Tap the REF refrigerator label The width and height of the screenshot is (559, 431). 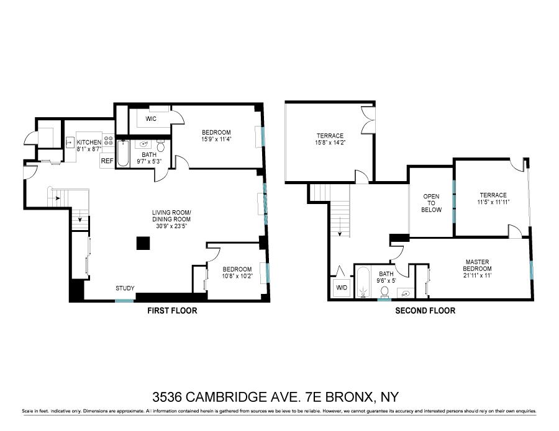(x=107, y=161)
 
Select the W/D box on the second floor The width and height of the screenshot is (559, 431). (x=342, y=288)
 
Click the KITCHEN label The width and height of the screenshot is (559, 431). (x=89, y=143)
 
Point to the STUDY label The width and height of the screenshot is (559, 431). (x=125, y=288)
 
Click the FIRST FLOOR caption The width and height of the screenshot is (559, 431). (x=172, y=311)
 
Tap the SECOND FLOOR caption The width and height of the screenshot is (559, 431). (x=425, y=311)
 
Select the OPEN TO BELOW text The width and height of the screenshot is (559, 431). (x=432, y=203)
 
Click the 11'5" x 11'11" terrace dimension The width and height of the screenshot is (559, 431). (x=493, y=202)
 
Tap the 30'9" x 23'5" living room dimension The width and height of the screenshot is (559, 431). (x=171, y=226)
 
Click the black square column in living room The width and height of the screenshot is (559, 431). (x=143, y=244)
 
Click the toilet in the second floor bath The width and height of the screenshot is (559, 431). (x=384, y=290)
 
